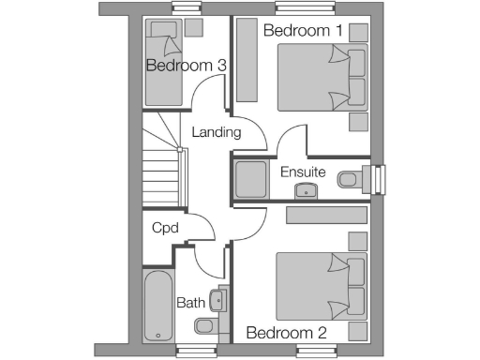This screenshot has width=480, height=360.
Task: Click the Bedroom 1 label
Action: (302, 31)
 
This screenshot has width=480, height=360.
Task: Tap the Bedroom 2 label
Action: (285, 333)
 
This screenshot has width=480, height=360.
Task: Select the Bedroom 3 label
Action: (186, 66)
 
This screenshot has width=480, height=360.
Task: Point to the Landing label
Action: (216, 132)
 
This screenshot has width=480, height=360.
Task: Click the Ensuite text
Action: (303, 172)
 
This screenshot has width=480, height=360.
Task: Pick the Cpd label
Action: (165, 228)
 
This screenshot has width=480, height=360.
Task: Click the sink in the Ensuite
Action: (306, 191)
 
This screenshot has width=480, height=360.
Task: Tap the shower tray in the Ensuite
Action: (250, 179)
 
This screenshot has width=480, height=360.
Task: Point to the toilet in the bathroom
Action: (205, 326)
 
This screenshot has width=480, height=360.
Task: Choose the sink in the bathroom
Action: (217, 300)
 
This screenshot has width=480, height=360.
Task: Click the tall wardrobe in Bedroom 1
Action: (248, 59)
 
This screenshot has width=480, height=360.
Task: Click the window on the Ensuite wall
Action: (379, 178)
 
